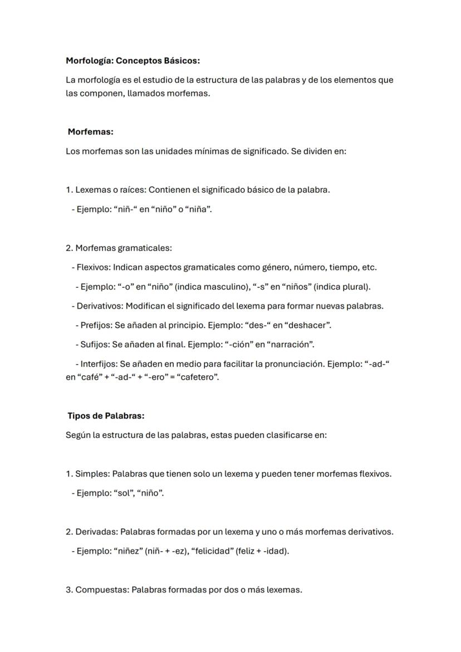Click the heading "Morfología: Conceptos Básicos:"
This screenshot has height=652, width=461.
[x=133, y=60]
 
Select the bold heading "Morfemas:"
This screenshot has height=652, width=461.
[x=90, y=132]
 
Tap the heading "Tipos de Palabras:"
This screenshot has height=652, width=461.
[x=106, y=416]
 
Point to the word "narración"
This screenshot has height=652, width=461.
[x=291, y=345]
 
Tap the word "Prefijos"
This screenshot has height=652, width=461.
[x=96, y=325]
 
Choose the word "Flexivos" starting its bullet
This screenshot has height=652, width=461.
[x=94, y=267]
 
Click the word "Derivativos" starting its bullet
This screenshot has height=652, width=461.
[x=100, y=306]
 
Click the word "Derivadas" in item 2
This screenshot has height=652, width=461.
[x=96, y=532]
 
